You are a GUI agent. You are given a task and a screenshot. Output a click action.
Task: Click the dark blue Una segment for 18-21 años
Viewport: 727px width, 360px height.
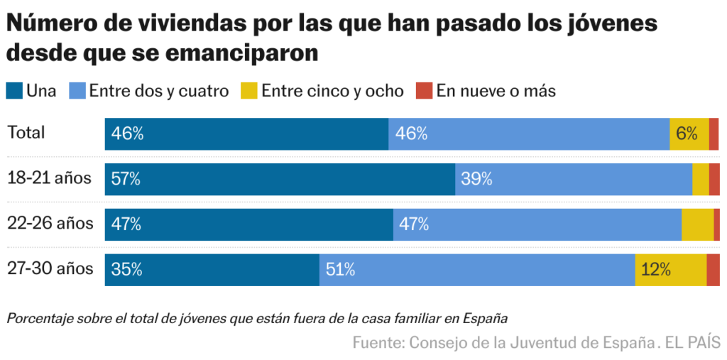pos(280,179)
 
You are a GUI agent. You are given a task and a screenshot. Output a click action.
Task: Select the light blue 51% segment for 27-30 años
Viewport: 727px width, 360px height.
pos(477,270)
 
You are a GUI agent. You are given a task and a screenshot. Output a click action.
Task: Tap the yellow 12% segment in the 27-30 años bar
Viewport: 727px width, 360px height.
pos(671,270)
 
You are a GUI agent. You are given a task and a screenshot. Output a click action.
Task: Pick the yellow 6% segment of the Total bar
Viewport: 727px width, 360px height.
pos(689,134)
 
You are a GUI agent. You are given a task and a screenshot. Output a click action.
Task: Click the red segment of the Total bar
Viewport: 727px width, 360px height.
pos(714,134)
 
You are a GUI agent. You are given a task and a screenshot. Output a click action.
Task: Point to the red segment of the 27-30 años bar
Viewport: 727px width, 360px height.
pos(713,270)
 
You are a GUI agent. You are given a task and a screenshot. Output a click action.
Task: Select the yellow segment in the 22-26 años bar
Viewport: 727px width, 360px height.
pos(697,224)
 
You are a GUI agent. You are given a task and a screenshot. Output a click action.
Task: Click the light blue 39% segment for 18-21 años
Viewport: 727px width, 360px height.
pos(574,179)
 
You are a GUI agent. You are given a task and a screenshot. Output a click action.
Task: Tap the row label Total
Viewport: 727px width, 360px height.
pos(26,133)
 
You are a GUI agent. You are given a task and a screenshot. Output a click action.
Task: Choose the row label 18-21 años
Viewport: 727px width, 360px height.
pos(50,178)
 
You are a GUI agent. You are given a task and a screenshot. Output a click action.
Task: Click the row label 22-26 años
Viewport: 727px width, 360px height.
pos(50,224)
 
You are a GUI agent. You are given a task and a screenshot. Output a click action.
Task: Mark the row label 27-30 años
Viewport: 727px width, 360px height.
pos(50,269)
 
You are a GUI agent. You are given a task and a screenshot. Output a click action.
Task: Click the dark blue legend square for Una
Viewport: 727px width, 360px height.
pos(13,91)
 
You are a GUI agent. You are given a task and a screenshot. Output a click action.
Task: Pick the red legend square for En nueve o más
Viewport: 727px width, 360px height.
pos(424,91)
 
